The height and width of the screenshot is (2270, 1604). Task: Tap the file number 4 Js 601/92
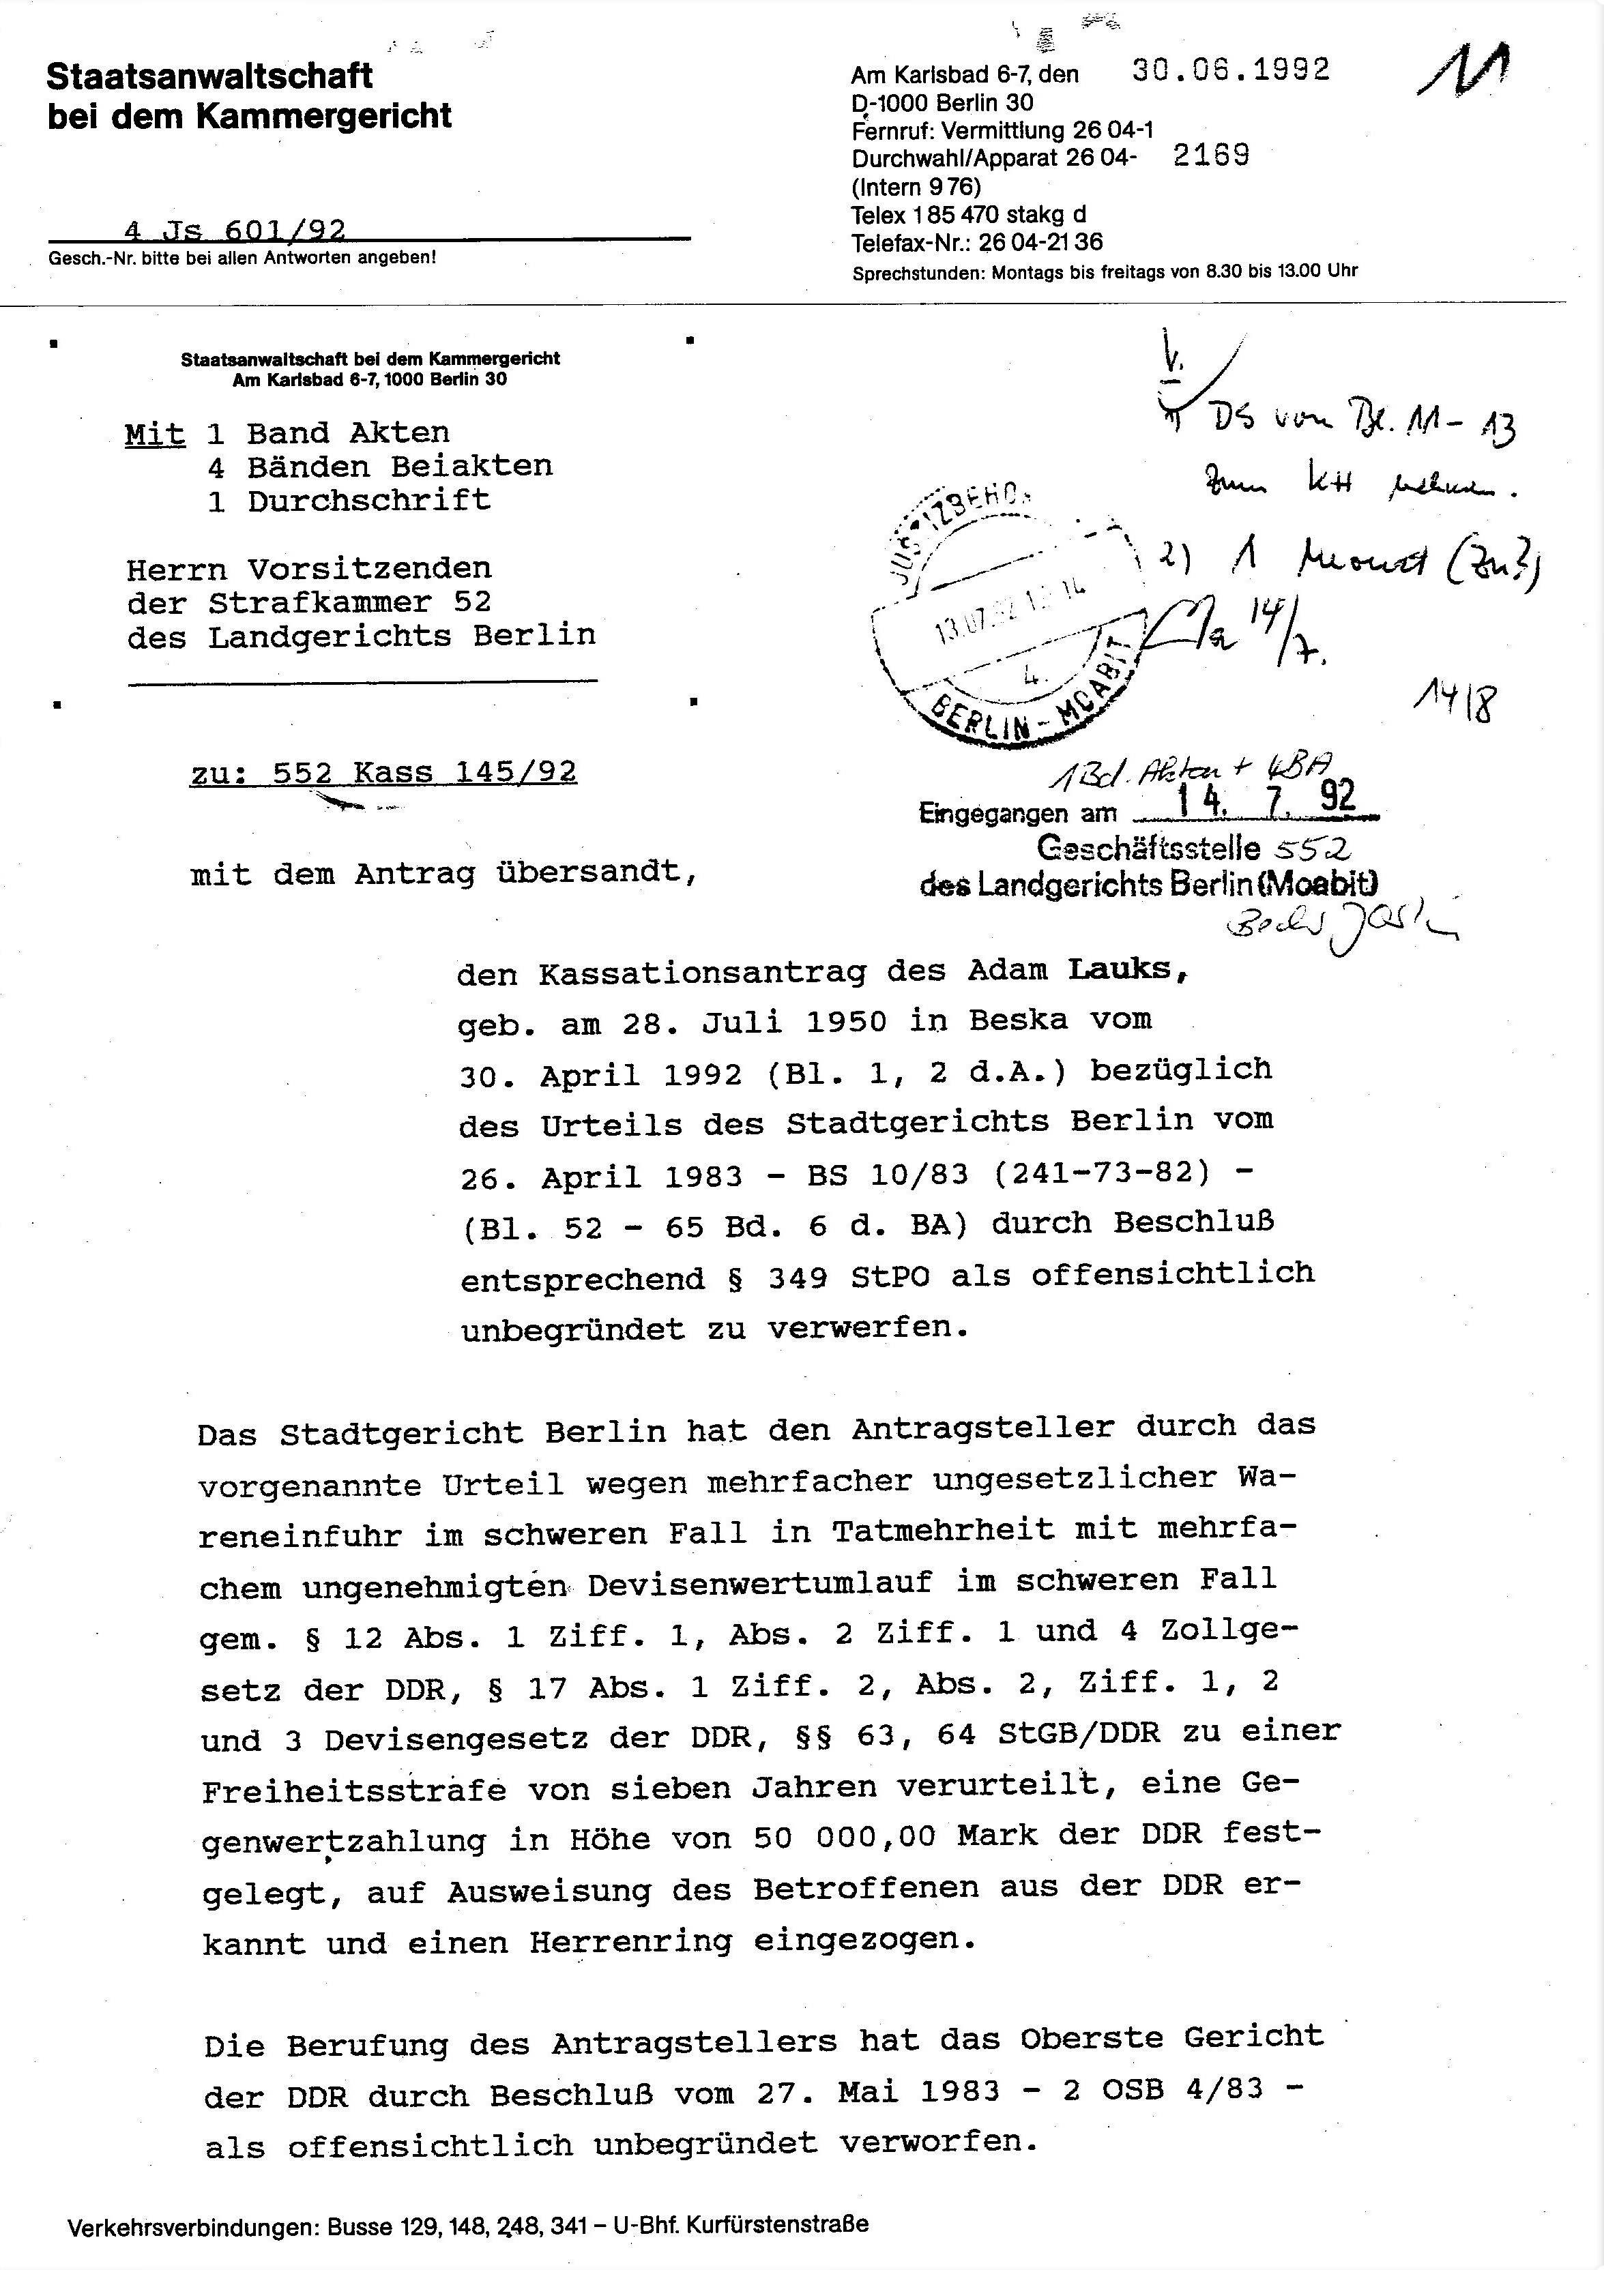(x=235, y=231)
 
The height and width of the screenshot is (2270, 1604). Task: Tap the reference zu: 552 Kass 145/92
(x=383, y=772)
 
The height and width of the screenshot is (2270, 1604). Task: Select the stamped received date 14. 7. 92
(x=1261, y=797)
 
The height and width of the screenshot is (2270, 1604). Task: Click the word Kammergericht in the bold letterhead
(x=323, y=117)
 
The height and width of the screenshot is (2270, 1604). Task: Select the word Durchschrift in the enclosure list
(x=369, y=500)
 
